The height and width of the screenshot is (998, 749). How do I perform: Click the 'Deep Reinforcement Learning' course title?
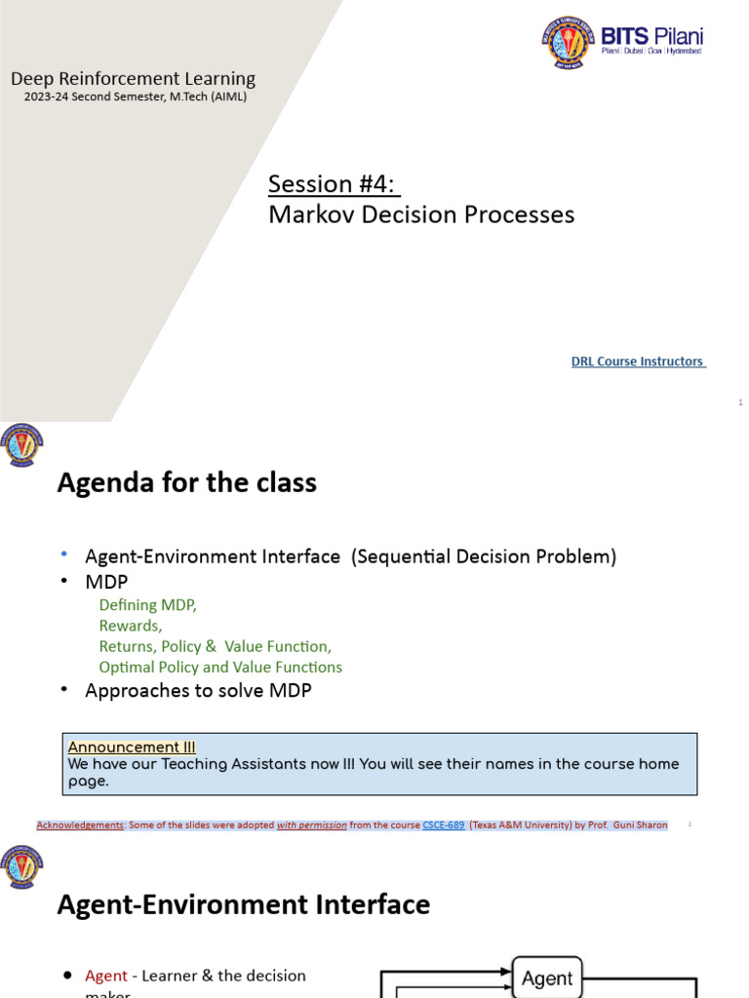[133, 79]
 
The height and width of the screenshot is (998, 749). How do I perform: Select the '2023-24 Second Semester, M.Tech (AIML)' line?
[136, 96]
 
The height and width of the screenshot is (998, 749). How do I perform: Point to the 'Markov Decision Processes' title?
[421, 214]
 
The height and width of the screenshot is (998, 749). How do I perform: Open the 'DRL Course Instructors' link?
[638, 362]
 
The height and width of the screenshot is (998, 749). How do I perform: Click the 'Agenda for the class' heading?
[187, 482]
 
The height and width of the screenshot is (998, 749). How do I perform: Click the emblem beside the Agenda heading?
[22, 445]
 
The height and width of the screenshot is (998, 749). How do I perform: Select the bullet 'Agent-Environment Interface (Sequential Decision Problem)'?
[350, 557]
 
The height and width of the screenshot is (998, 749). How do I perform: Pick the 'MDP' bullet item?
[106, 582]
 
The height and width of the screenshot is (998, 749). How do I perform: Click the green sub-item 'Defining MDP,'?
[147, 605]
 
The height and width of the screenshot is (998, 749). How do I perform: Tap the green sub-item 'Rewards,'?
[131, 626]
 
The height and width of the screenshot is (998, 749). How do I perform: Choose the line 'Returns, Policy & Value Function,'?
[215, 646]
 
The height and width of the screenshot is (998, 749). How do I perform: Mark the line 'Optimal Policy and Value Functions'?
[220, 668]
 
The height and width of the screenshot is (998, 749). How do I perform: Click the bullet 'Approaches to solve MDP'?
[198, 691]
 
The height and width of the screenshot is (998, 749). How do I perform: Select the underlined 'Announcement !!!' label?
[132, 748]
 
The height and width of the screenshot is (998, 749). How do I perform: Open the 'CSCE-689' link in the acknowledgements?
[443, 825]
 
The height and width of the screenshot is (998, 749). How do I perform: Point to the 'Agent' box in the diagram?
[547, 978]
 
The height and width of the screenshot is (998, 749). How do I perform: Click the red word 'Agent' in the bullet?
[106, 976]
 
